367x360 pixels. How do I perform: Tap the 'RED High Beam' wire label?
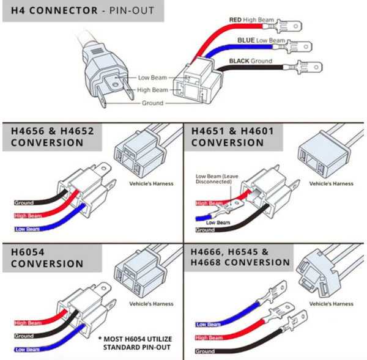coord(251,20)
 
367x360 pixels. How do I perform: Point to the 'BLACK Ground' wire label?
coord(251,61)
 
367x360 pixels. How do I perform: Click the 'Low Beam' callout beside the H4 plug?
coord(152,78)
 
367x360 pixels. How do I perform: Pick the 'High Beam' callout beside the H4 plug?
coord(152,90)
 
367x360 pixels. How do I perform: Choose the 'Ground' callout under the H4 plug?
coord(152,103)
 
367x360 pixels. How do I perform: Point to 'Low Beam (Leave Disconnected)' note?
coord(218,180)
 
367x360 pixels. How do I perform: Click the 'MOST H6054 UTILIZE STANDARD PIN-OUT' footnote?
coord(134,343)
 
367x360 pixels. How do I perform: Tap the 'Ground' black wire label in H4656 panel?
coord(24,202)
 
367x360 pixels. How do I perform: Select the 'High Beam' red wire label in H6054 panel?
coord(28,323)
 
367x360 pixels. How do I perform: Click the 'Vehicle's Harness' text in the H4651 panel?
coord(331,183)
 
